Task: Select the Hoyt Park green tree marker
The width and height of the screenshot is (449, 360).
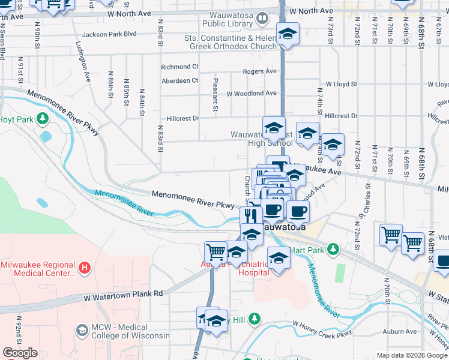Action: (x=43, y=118)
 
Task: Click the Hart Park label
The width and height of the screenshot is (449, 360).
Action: (x=306, y=249)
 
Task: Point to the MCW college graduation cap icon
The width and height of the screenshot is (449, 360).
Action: (x=82, y=330)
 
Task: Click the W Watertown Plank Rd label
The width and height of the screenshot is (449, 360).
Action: (x=123, y=295)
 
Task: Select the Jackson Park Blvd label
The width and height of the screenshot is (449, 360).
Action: (x=110, y=34)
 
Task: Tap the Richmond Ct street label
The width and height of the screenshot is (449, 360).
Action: (x=180, y=67)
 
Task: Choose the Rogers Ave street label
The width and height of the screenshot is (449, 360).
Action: (x=259, y=71)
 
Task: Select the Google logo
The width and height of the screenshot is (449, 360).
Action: (x=20, y=353)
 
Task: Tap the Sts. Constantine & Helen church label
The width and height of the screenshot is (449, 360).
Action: (x=231, y=42)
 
